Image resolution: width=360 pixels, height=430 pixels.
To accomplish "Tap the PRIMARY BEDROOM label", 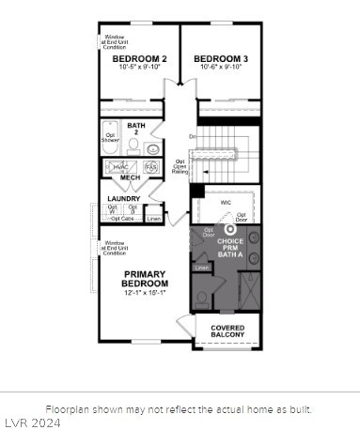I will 145,279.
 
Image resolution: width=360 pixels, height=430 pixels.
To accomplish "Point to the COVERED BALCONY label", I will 227,331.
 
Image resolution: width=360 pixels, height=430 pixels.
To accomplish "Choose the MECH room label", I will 130,177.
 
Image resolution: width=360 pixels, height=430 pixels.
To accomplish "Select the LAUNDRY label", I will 124,199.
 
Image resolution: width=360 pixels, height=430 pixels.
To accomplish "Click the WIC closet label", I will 227,202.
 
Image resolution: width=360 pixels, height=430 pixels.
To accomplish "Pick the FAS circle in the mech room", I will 150,166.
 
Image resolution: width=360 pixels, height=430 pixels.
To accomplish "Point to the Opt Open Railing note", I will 180,166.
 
